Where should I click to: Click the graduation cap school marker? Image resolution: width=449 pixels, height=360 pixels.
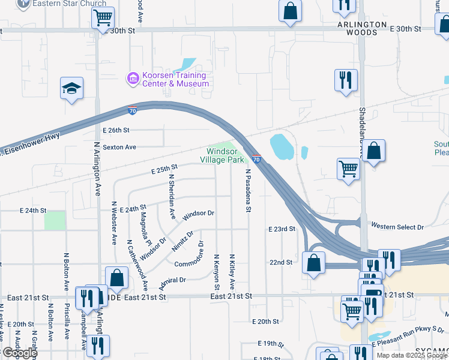(71, 89)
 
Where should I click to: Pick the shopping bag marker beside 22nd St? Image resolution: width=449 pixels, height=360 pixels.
(314, 262)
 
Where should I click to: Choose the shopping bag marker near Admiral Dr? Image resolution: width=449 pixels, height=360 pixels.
(116, 278)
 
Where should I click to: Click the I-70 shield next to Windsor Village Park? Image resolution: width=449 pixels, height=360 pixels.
(256, 159)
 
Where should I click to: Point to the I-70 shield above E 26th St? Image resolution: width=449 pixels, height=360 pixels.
(133, 110)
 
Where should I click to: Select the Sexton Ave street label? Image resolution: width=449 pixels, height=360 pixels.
(119, 147)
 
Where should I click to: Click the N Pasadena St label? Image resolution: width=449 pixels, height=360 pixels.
(247, 191)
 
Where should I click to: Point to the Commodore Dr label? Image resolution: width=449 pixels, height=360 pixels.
(190, 263)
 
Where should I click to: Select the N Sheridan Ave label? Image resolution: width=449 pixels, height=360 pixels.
(172, 196)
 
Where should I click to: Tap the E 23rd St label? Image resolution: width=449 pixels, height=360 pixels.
(282, 229)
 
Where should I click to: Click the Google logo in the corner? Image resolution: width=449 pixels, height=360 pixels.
(19, 353)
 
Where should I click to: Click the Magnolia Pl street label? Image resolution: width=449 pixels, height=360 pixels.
(145, 226)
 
